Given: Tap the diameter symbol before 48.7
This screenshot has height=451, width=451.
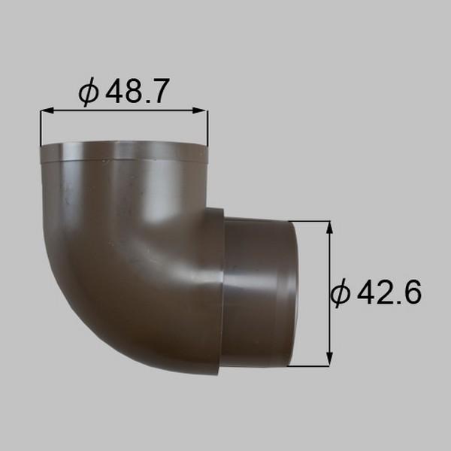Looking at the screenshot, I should (x=89, y=92).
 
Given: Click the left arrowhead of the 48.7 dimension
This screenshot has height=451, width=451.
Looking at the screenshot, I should (x=46, y=111).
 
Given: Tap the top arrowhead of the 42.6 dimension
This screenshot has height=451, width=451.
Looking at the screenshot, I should (x=329, y=226).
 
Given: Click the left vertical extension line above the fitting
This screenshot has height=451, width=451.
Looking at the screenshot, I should (x=41, y=128).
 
